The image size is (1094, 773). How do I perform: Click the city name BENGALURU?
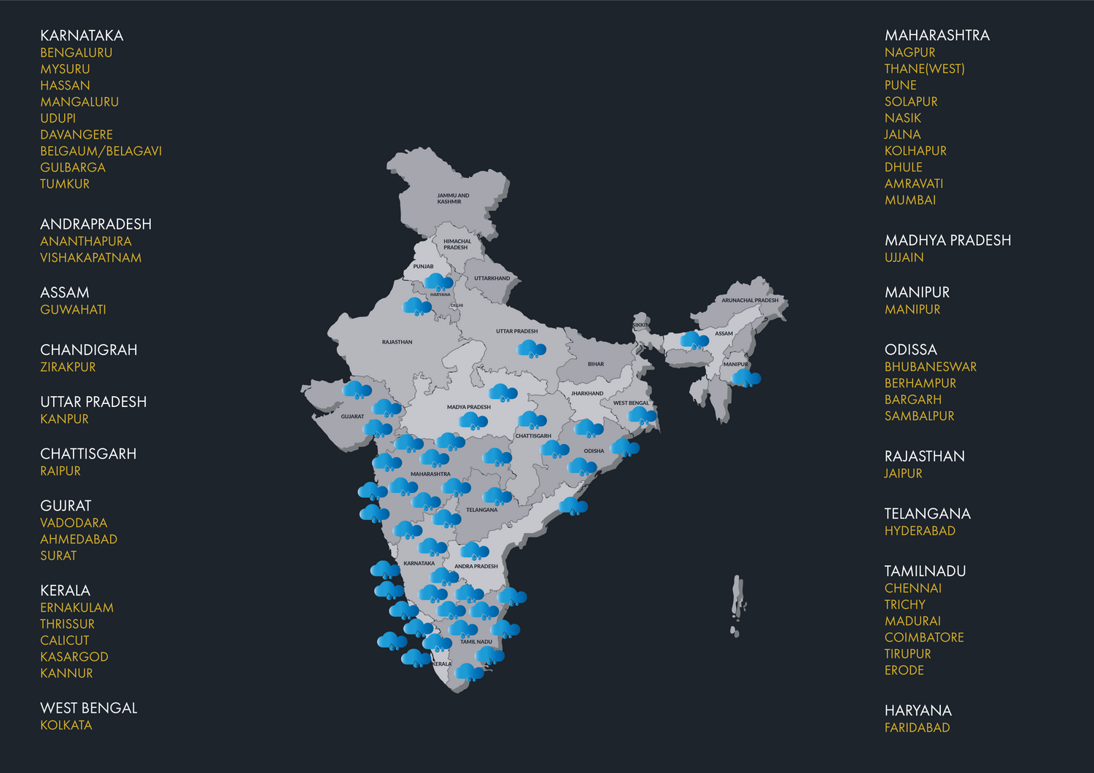click(76, 53)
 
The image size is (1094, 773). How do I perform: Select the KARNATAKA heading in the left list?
click(82, 35)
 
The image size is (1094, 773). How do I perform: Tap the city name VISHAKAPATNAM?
click(90, 257)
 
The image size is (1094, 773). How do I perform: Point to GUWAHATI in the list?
click(73, 309)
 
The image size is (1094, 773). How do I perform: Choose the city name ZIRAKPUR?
click(68, 367)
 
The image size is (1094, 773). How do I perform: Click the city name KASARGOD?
click(74, 656)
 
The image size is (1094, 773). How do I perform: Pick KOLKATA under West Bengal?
click(66, 725)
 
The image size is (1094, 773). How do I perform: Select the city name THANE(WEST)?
click(924, 69)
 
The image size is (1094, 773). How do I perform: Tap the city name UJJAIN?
click(904, 257)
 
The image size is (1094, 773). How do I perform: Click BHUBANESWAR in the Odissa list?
click(930, 367)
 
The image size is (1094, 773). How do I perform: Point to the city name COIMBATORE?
click(924, 637)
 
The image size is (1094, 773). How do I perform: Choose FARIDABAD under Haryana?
click(917, 727)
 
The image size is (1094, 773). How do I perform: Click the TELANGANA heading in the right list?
click(927, 513)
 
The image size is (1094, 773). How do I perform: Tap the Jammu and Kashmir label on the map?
click(453, 198)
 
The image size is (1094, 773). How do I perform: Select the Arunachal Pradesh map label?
click(750, 300)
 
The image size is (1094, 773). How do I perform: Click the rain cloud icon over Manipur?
click(746, 378)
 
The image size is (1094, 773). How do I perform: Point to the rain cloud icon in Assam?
click(694, 340)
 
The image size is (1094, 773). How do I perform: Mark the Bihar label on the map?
click(596, 364)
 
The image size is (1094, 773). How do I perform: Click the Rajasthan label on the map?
click(397, 342)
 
